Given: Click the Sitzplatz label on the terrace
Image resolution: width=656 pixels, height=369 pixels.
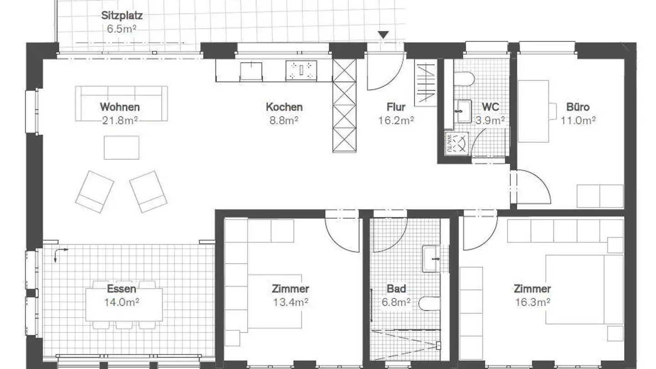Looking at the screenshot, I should [122, 15].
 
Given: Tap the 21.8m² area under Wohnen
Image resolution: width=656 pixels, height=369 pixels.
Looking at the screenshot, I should [120, 120].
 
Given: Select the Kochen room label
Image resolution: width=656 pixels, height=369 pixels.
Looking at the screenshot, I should [284, 107].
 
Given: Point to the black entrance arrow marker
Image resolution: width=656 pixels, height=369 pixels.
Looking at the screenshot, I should [384, 35].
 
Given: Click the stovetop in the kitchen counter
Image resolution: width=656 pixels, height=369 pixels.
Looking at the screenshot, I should [301, 71].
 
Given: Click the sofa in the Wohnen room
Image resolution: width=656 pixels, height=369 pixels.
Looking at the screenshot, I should [121, 103].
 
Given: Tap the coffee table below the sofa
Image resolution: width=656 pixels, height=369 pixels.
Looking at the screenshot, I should [121, 148].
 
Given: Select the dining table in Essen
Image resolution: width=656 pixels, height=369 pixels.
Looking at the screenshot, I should [123, 304].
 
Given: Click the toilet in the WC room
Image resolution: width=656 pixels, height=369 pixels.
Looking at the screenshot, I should [464, 79].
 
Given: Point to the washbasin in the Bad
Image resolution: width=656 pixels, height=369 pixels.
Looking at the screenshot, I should [431, 258].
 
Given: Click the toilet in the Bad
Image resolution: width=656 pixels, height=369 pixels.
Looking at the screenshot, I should [429, 303].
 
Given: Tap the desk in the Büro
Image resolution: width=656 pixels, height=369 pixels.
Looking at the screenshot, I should [533, 111].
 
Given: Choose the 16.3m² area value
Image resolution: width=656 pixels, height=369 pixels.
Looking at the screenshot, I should [532, 302].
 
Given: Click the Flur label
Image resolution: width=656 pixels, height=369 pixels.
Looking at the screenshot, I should [396, 107].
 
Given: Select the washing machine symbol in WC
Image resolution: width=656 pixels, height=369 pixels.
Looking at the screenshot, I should [456, 143].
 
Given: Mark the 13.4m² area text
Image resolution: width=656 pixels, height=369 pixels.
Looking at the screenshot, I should [290, 302].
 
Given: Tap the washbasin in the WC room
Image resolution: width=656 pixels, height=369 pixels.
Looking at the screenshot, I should [464, 111].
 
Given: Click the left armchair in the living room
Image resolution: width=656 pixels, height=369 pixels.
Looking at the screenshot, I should [94, 191].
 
